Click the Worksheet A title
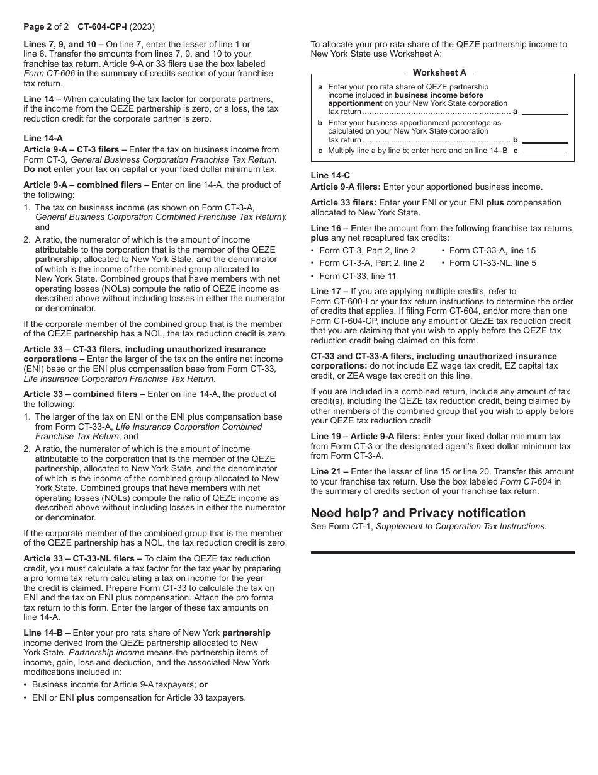(439, 73)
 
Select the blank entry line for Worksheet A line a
(545, 112)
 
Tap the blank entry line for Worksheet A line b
(545, 141)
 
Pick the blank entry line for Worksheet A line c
(545, 151)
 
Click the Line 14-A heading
(43, 138)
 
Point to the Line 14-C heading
(330, 175)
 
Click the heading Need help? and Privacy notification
(418, 513)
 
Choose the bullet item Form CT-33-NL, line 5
(492, 263)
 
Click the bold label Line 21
(326, 471)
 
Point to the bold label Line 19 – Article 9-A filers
(365, 436)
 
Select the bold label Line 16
(326, 228)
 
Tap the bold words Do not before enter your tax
(37, 169)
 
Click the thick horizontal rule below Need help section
(443, 553)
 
